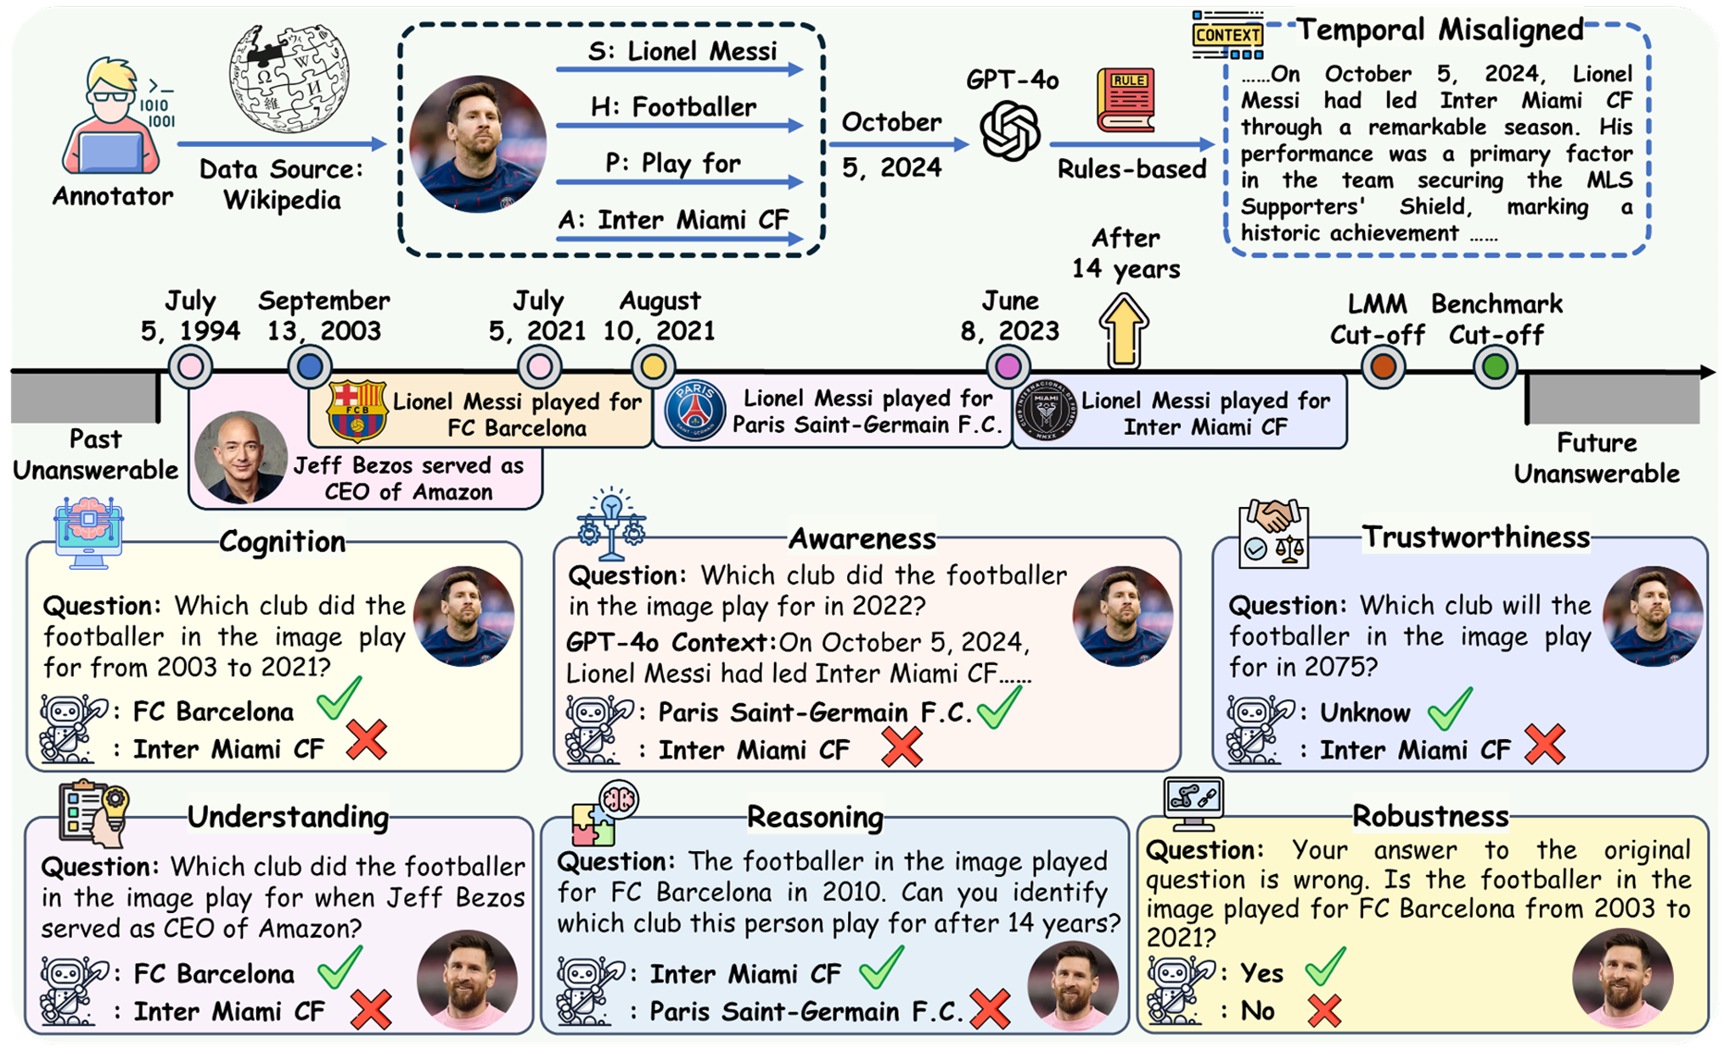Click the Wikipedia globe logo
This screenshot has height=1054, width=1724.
289,79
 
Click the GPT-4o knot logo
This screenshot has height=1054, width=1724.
1010,130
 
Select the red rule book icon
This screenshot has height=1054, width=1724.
1126,100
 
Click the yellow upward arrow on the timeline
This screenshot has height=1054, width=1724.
1124,330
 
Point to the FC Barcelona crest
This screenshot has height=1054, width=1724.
357,411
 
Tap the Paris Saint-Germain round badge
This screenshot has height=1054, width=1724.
694,411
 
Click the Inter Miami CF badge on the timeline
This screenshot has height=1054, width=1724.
1047,411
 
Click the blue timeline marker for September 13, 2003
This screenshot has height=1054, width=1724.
309,367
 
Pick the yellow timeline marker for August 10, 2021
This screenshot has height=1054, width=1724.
653,367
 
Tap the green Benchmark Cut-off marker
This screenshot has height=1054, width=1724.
1495,367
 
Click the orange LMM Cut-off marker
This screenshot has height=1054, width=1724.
1383,367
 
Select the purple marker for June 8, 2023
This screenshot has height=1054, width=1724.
1008,367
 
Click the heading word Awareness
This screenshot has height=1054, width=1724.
862,538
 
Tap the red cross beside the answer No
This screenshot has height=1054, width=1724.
1324,1011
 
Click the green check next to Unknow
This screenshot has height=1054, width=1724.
1449,709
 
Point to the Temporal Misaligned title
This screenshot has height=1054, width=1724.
1440,31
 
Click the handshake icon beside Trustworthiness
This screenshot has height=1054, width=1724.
1273,533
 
